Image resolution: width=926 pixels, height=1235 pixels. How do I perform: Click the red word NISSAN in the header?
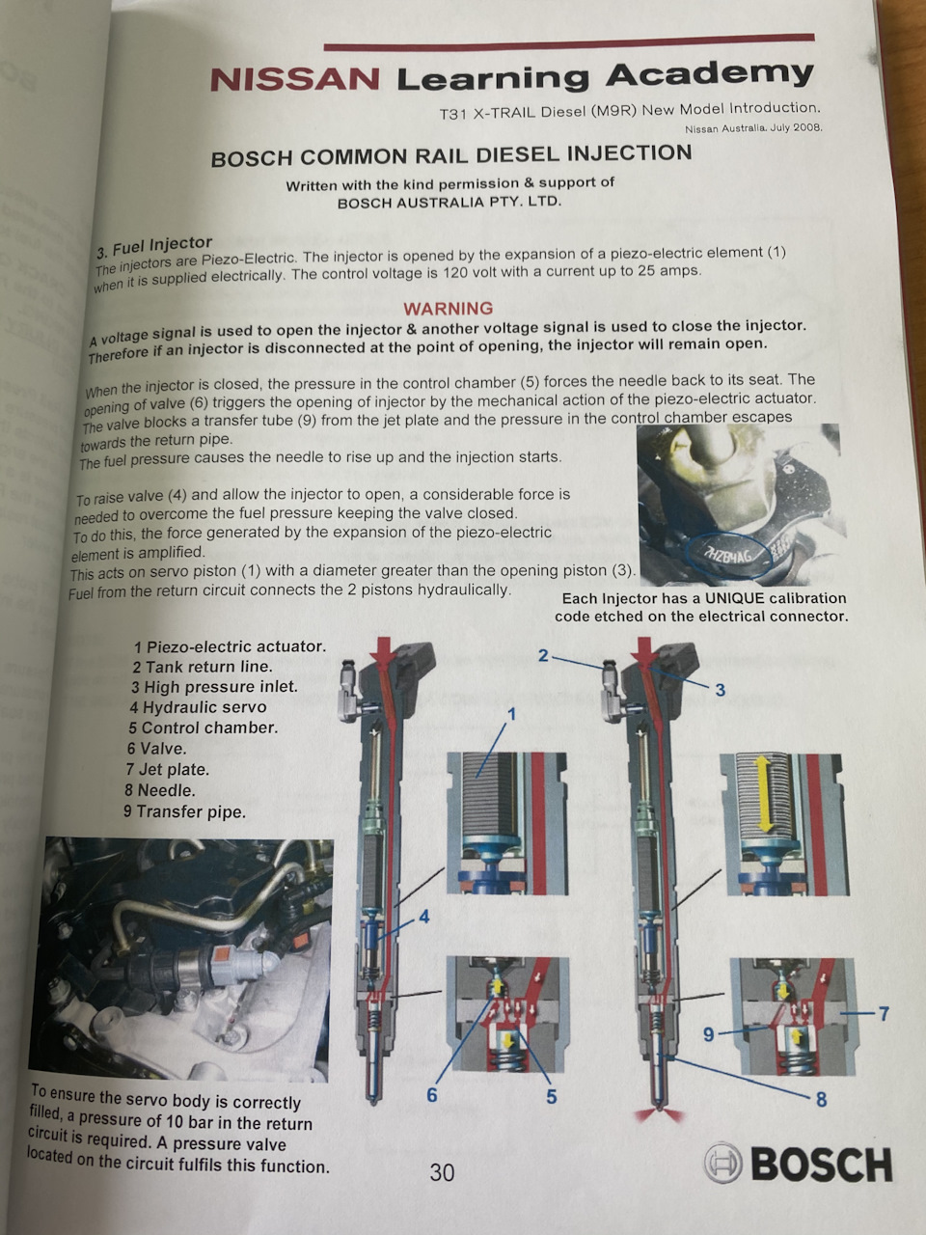click(x=294, y=79)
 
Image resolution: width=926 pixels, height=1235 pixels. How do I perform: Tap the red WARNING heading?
click(x=449, y=309)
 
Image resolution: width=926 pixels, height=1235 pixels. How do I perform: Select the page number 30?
click(x=442, y=1172)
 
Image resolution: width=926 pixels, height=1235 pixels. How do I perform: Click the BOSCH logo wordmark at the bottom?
click(x=822, y=1165)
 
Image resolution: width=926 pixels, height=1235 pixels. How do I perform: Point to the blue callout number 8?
click(x=821, y=1099)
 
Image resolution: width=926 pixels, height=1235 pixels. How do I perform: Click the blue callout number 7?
click(x=884, y=1013)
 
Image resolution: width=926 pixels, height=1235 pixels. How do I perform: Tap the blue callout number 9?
click(x=709, y=1034)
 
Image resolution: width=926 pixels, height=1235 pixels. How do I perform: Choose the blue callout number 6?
click(x=432, y=1094)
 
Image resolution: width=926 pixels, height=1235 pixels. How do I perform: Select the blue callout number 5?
click(x=551, y=1096)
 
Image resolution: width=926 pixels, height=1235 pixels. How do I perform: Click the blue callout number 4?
click(x=423, y=917)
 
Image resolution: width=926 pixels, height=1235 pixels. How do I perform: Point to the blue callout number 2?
click(x=542, y=655)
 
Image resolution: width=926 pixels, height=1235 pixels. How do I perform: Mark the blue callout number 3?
click(x=721, y=690)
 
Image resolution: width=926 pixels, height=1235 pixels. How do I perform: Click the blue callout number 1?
click(x=511, y=714)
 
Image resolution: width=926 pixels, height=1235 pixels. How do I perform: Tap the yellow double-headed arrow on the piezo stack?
click(x=763, y=793)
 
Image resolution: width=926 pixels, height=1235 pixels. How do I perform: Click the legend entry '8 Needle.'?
click(x=160, y=790)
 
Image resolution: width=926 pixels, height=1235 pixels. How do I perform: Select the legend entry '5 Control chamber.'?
click(x=203, y=727)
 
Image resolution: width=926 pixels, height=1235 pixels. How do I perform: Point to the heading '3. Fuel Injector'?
click(x=154, y=246)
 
